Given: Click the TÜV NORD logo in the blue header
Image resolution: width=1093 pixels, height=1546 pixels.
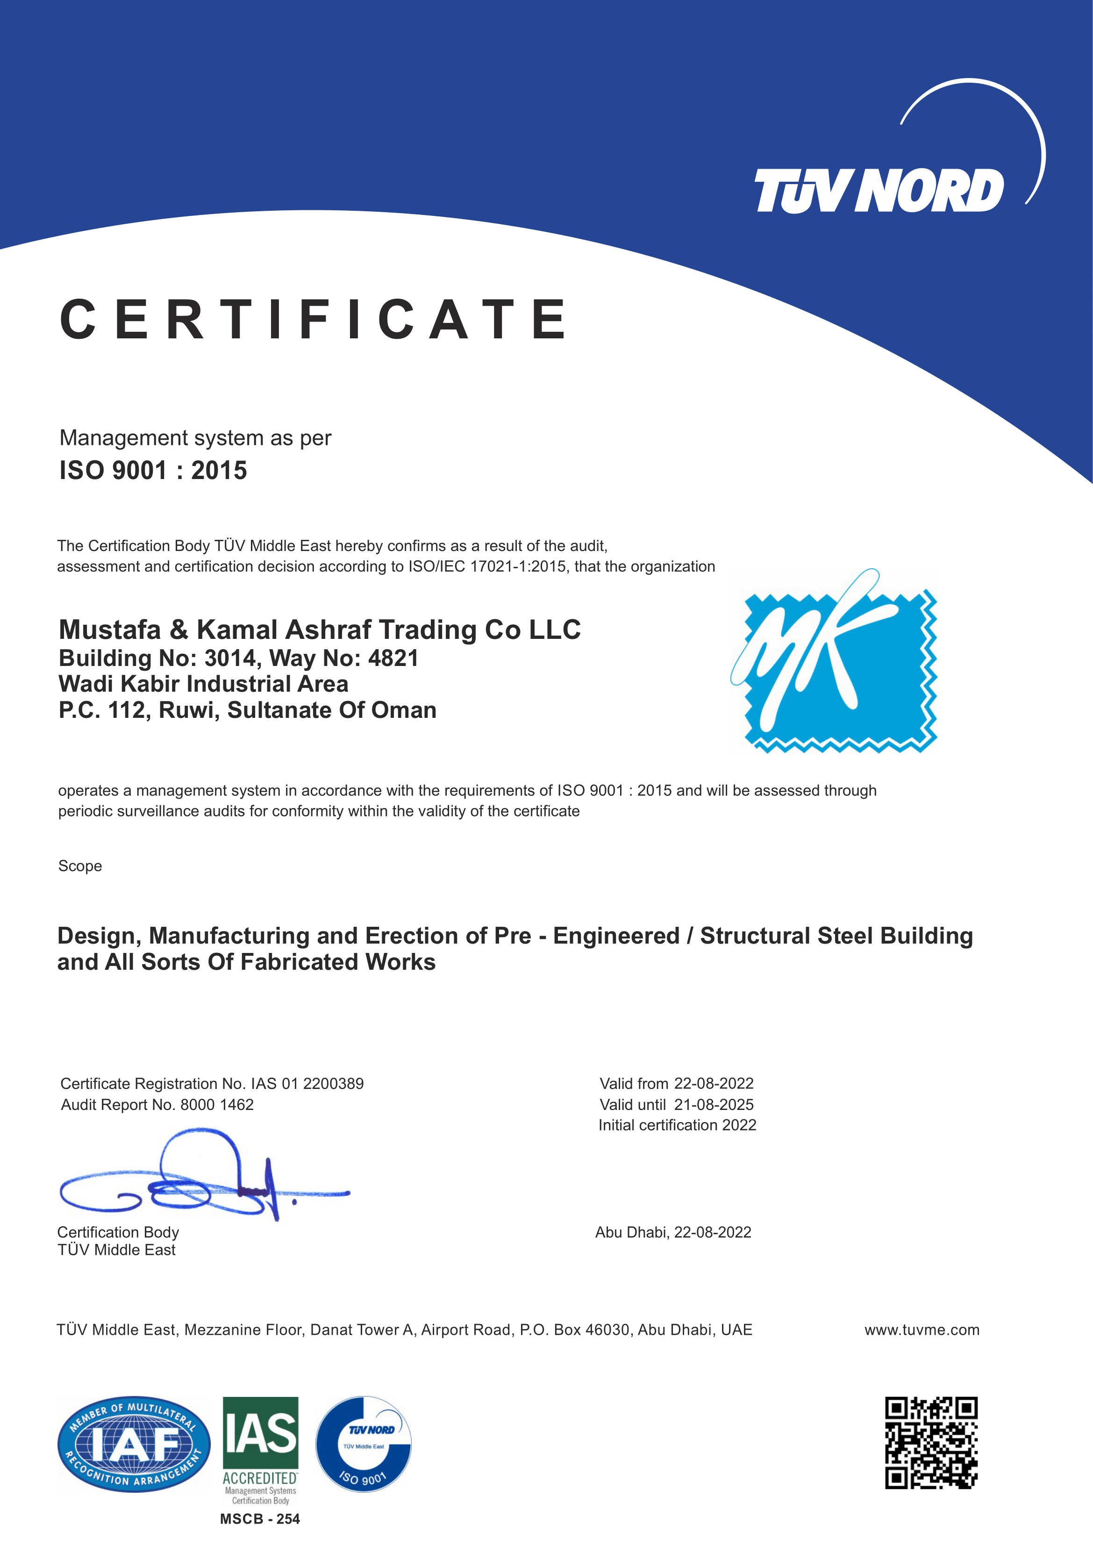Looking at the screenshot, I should coord(879,191).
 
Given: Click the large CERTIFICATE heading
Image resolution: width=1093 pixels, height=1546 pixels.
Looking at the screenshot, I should coord(313,319).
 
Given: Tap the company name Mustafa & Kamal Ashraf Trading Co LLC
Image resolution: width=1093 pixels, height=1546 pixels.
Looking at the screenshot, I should coord(319,630).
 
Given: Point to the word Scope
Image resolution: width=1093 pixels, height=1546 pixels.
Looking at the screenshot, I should coord(80,866).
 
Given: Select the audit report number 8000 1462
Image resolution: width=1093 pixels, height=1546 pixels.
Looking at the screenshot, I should coord(217,1104).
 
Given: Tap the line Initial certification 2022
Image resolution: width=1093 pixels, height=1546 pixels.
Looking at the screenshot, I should coord(677,1125).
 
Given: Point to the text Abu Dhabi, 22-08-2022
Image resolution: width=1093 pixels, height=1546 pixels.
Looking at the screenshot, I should coord(673,1232).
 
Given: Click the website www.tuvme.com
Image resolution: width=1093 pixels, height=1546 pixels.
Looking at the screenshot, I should coord(922,1330).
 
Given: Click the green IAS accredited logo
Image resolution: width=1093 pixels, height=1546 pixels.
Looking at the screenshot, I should coord(261,1448).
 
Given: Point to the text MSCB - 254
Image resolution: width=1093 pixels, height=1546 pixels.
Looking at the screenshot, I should coord(260,1518).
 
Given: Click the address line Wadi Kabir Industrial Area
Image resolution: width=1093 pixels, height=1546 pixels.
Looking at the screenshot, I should coord(203,684).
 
